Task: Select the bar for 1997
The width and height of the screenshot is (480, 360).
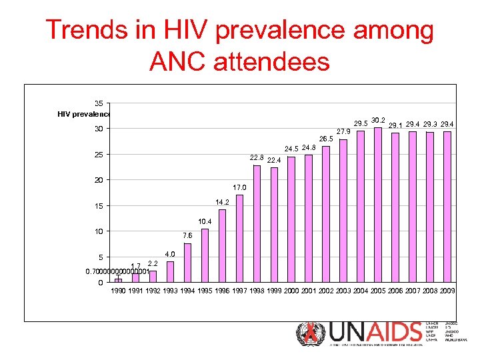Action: [239, 238]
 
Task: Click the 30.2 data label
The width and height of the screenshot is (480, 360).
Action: [379, 120]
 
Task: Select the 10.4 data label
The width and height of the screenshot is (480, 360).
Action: [205, 221]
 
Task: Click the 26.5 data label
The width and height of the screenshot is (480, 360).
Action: [326, 139]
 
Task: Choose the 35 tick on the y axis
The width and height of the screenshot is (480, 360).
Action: [98, 103]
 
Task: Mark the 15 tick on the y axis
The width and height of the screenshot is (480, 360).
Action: [98, 206]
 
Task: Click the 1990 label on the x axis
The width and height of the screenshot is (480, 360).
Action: [119, 291]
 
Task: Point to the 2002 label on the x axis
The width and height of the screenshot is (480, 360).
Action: [327, 291]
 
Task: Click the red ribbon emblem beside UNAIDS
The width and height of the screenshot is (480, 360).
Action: [310, 333]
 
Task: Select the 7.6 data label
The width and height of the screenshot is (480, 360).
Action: [187, 235]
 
